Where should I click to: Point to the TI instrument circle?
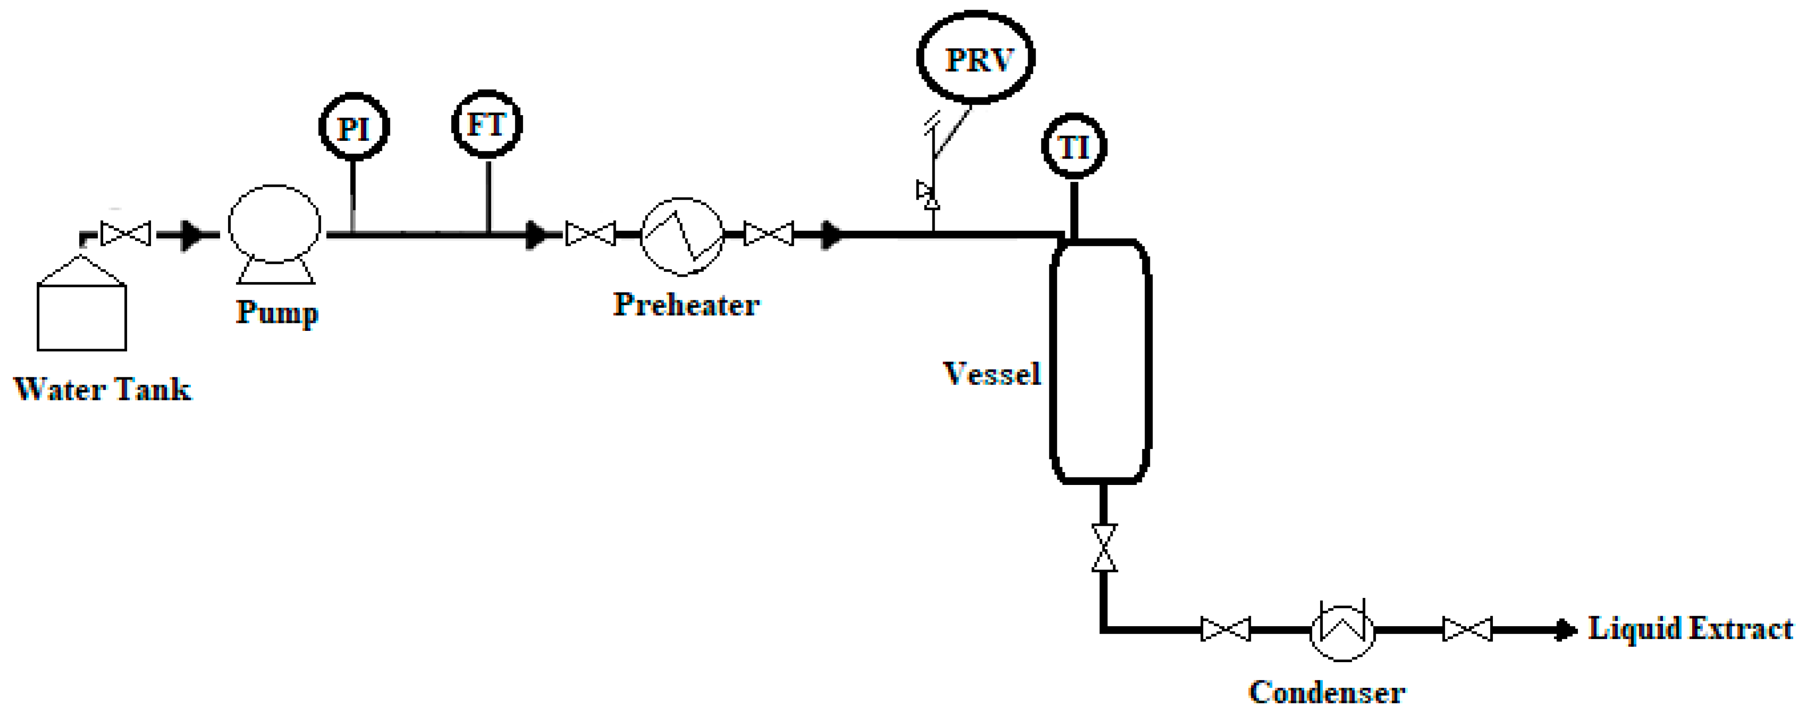[1073, 147]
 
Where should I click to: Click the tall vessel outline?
[1100, 361]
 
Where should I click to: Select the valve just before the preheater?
[590, 233]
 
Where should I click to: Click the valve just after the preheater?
[769, 233]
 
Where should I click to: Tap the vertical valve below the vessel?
[1104, 547]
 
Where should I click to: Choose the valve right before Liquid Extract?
[1468, 629]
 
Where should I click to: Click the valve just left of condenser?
[1226, 629]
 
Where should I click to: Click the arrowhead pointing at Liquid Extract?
[1565, 629]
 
